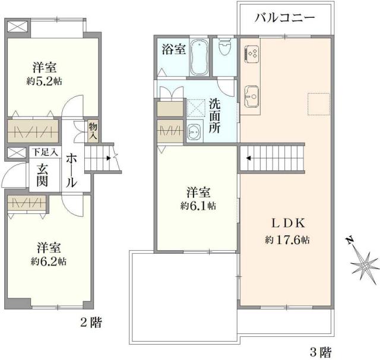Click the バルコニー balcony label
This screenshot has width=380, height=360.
click(x=284, y=18)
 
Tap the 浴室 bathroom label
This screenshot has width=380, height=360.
click(x=173, y=50)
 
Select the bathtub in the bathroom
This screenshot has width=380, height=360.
click(x=199, y=57)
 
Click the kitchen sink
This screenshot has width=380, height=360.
click(x=252, y=94)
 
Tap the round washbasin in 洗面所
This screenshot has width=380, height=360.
click(x=194, y=133)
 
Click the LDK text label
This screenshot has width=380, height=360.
click(x=288, y=224)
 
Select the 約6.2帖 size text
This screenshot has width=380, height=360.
click(x=49, y=261)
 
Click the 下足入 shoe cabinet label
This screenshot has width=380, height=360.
click(x=45, y=153)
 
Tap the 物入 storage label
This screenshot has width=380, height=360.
click(x=93, y=131)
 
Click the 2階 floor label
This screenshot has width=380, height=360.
click(x=90, y=324)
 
